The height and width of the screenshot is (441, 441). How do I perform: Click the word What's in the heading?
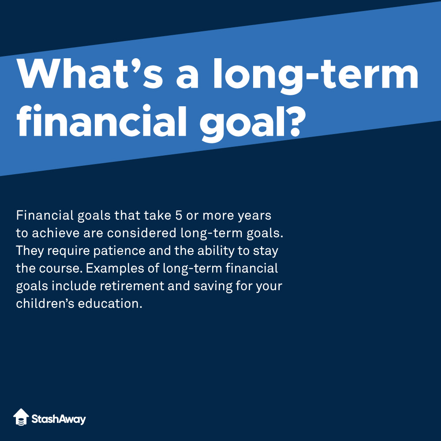point(90,74)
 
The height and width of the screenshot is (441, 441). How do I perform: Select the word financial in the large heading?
point(101,120)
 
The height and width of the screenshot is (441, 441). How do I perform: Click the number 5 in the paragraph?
point(179,216)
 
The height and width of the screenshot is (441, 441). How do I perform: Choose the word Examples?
point(115,269)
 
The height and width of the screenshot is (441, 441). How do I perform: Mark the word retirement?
point(132,286)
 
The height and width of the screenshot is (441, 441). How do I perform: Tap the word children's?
point(44,304)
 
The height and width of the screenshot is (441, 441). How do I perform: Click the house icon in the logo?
point(21,417)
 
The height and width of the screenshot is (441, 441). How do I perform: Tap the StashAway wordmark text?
point(59,419)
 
